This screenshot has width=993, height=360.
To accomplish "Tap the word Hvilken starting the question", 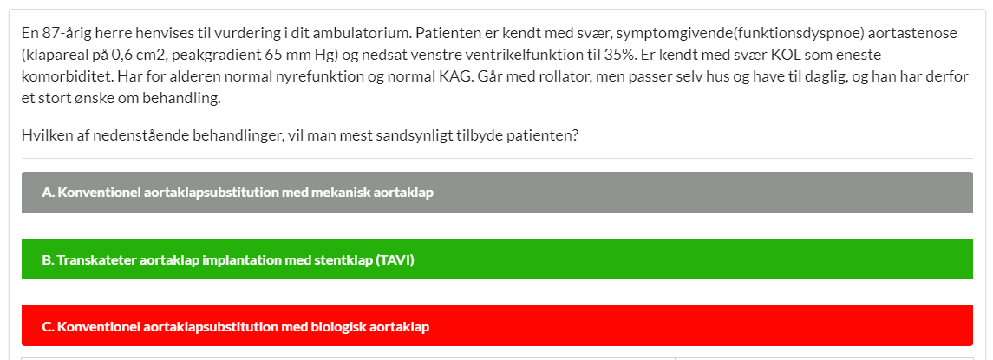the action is pos(44,136).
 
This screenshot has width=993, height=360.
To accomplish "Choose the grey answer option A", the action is pos(497,192).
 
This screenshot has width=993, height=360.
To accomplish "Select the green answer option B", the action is pos(497,259).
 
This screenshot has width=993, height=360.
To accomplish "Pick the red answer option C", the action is pos(497,326).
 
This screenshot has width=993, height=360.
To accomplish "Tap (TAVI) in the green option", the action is pos(395,259).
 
